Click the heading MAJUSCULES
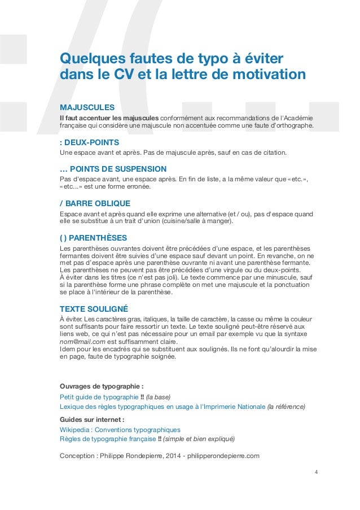(x=87, y=107)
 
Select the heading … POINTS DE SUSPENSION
(x=113, y=169)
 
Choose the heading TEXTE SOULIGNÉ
(x=94, y=309)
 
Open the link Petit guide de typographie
(x=99, y=396)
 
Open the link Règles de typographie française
(x=107, y=439)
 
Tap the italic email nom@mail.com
(x=82, y=342)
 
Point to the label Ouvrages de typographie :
(x=98, y=386)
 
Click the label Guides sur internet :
(x=91, y=420)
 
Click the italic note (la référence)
(x=286, y=406)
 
